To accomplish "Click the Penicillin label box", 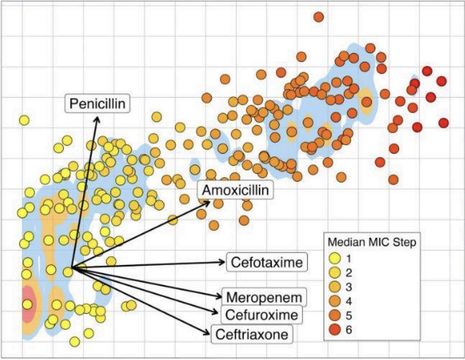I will [x=97, y=104].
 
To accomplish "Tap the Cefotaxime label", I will [x=267, y=262].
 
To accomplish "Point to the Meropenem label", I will [x=264, y=297].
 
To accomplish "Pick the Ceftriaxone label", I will [x=252, y=334].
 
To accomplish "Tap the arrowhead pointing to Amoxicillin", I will [x=208, y=202].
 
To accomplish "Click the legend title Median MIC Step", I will [x=372, y=243].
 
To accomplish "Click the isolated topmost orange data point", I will [x=319, y=17].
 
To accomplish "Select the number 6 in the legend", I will [x=349, y=330].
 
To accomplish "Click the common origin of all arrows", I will [x=73, y=268].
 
